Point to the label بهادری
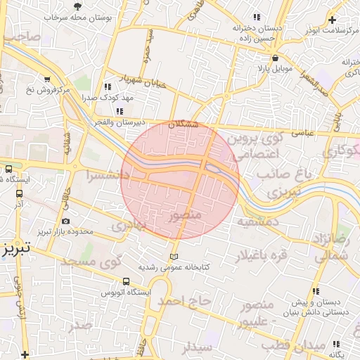(129, 226)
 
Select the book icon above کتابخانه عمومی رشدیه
(174, 257)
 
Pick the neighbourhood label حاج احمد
(184, 301)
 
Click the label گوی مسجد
(91, 261)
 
